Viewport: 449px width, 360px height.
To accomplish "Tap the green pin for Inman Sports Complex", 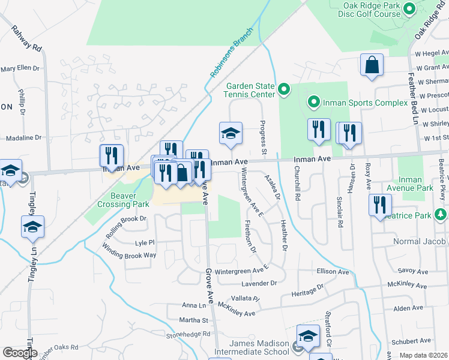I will click(x=313, y=103).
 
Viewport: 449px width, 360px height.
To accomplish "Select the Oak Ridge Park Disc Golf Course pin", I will click(x=409, y=8).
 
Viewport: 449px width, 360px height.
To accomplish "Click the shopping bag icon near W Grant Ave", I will click(x=372, y=65).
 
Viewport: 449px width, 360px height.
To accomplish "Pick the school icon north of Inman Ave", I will click(x=230, y=134).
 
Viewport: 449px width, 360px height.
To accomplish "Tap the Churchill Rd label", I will click(x=297, y=188).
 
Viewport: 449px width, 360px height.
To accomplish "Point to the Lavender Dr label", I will click(x=259, y=283).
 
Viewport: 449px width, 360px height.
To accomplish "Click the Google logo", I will click(x=20, y=353).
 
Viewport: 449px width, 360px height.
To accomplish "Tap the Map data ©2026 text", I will click(x=423, y=355).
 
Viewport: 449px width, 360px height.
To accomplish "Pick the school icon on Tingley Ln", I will click(x=32, y=227).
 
